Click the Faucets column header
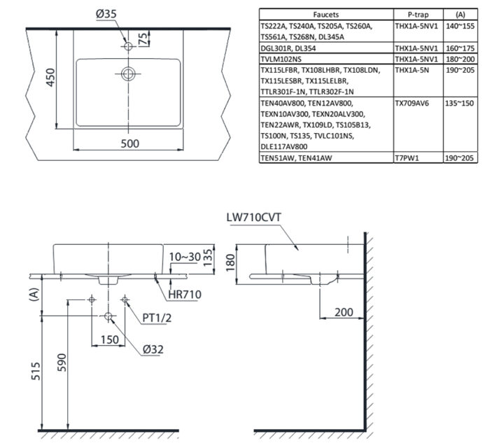pyautogui.click(x=325, y=13)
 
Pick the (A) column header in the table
pyautogui.click(x=460, y=13)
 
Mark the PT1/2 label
pyautogui.click(x=157, y=318)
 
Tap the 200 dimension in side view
pyautogui.click(x=343, y=311)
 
